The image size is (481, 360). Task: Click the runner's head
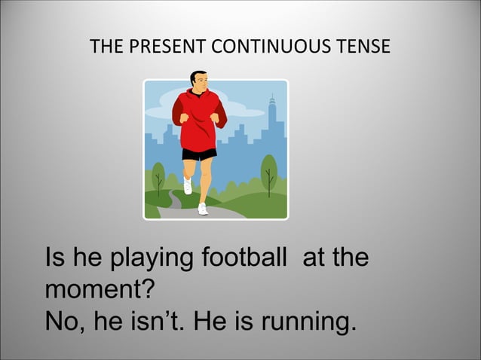198,82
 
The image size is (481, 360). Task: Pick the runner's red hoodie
199,121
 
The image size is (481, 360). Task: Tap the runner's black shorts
199,154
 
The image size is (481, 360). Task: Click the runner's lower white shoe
202,208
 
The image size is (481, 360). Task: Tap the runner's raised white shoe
188,185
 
